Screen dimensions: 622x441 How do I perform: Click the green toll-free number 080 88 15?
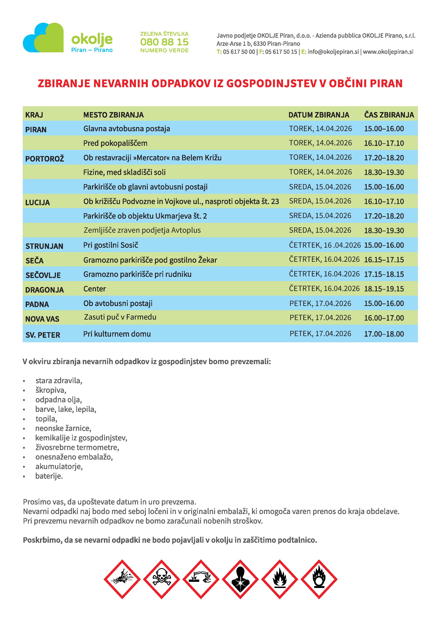164,42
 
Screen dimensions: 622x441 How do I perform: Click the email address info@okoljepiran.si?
333,52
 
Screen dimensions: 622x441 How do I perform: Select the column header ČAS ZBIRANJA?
389,115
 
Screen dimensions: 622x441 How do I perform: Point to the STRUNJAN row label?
44,246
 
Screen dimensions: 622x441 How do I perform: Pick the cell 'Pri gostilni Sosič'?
111,245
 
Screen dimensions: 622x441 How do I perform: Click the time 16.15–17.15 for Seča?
384,260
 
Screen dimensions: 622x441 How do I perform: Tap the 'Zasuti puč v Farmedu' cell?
120,317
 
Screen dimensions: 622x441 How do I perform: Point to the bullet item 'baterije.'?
49,476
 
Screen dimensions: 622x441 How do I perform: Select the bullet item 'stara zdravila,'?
59,380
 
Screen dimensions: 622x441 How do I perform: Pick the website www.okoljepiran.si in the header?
388,52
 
